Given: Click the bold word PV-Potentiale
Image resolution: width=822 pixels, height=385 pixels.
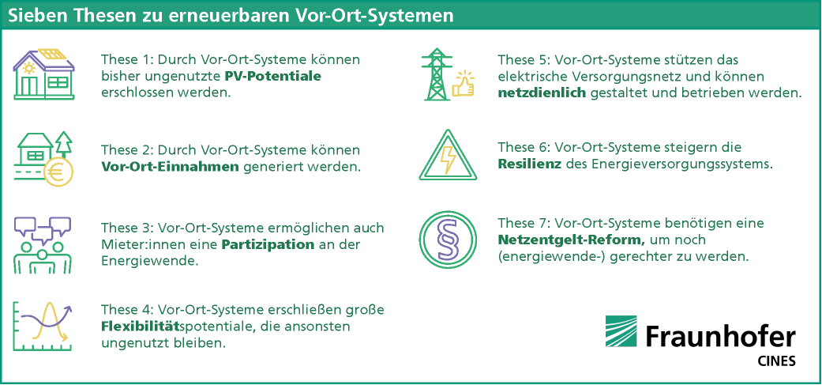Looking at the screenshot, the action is pos(273,77).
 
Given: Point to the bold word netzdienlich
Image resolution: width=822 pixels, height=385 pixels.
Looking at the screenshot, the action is pos(542,94).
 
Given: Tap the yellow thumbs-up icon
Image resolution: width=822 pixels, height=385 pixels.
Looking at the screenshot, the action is pos(463,84).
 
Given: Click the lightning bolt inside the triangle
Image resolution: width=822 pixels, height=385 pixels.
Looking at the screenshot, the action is pos(449,159).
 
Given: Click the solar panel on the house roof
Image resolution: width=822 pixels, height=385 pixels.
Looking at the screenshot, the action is pos(51,54).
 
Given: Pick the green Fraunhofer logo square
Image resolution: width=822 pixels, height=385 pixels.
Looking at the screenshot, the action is pos(621,331).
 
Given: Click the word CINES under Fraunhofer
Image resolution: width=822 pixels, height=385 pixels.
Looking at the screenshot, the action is pos(777,361).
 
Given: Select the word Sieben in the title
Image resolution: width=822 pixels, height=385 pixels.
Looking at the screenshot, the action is pos(38,17).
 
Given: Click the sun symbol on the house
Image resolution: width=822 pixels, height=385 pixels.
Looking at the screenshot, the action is pos(28,67).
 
